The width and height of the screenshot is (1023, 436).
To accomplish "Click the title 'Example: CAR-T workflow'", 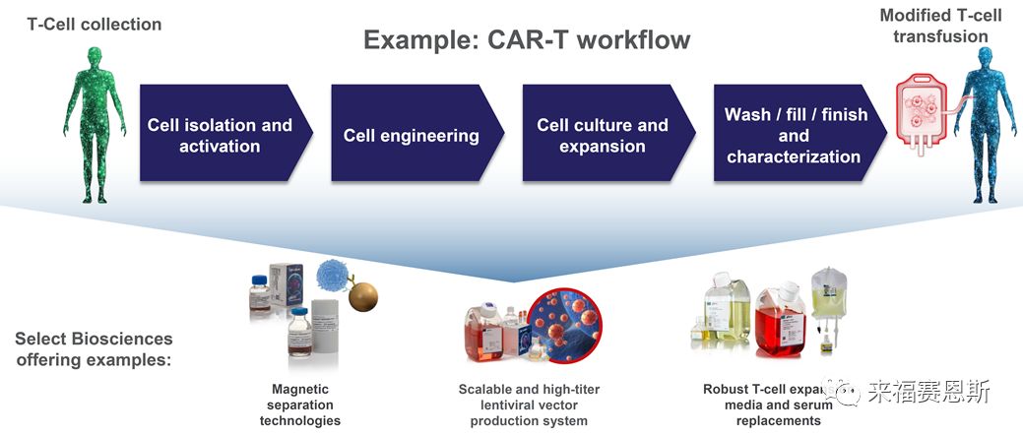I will coord(527,40).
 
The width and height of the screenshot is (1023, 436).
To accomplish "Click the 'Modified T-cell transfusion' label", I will coord(939,26).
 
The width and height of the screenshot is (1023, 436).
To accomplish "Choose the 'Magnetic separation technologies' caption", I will coord(300,405).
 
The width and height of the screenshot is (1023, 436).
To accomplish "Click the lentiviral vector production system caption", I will coord(529,405).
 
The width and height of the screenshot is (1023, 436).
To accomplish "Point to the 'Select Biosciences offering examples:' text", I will coord(94,349).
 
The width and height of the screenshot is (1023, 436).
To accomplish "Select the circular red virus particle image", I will coord(562,325).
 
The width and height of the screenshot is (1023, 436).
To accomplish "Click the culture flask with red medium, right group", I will coord(778,320).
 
